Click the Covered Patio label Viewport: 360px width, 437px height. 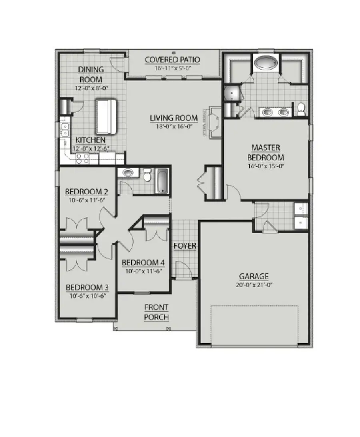click(x=172, y=60)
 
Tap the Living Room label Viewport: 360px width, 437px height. click(x=174, y=118)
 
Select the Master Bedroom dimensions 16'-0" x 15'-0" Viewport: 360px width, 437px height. click(x=266, y=166)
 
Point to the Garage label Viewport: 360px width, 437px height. click(x=254, y=276)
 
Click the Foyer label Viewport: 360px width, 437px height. click(x=185, y=245)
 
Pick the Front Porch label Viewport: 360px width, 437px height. click(x=156, y=312)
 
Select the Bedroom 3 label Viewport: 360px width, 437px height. click(x=87, y=287)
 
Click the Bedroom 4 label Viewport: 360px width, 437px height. click(x=143, y=263)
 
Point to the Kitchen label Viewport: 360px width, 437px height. click(x=90, y=140)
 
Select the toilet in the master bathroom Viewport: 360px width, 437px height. click(x=301, y=108)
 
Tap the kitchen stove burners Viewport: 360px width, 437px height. click(x=82, y=158)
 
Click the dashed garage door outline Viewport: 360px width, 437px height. click(x=254, y=325)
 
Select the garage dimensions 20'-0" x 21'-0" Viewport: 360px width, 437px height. click(x=254, y=285)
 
